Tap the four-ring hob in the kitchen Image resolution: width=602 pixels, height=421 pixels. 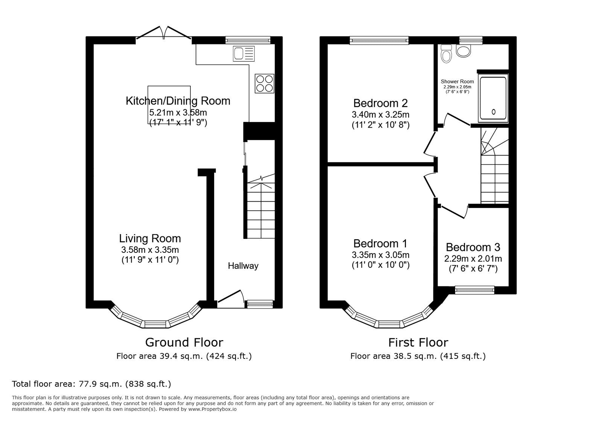pos(265,84)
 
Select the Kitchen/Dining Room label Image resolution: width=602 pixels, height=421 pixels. pos(178,101)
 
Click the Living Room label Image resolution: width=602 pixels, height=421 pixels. pos(150,239)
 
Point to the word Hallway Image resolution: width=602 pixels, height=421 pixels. pos(243,266)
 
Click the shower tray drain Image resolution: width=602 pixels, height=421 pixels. pos(493,112)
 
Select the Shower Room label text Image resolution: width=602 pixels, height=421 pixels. pos(457,82)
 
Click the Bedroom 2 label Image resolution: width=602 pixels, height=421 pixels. pos(380,103)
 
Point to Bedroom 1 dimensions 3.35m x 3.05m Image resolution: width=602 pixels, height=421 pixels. pos(380,255)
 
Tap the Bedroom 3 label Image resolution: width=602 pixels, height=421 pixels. pos(473,248)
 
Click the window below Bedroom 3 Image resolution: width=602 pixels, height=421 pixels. pos(474,290)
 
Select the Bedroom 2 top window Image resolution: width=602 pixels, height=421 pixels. pos(379,40)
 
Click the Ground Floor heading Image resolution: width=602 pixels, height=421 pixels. pos(184,342)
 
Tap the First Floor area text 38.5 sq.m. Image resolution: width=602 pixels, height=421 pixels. pos(418,356)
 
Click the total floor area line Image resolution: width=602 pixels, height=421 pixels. pos(91,384)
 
